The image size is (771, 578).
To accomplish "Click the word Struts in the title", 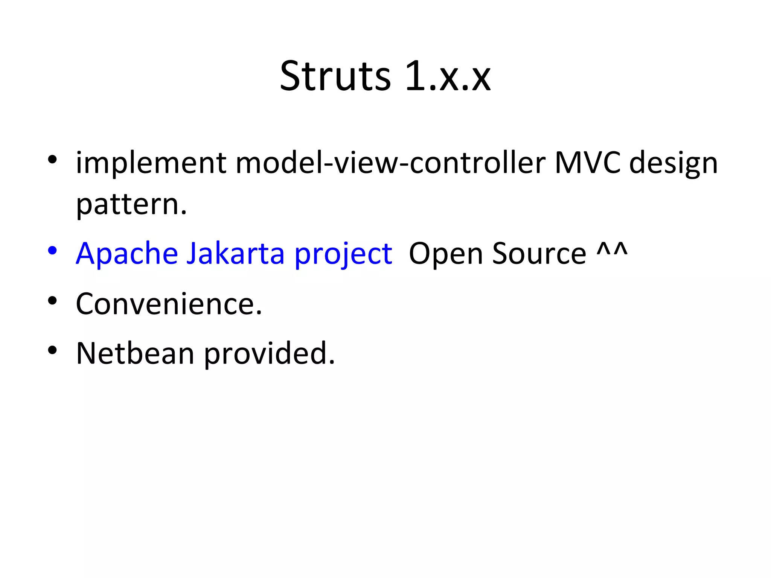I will click(335, 77).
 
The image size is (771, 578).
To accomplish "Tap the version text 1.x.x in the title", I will click(448, 77).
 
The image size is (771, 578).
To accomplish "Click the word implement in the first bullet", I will click(151, 164).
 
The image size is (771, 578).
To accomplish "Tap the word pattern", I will click(131, 205).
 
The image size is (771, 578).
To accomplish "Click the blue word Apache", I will click(127, 254).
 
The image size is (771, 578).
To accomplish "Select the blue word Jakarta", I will click(236, 254).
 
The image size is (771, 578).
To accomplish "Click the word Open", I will click(445, 254).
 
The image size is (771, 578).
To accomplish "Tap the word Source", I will click(539, 254).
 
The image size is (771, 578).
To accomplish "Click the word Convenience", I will click(169, 304).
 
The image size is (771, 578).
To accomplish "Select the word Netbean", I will click(135, 354).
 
